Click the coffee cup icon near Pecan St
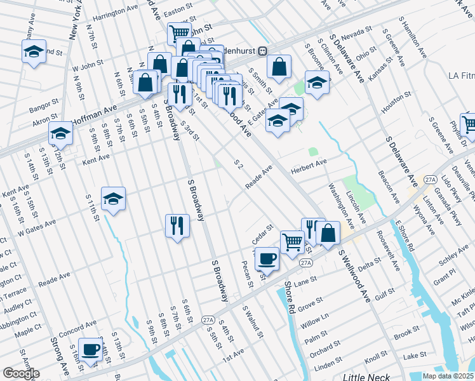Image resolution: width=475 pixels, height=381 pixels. click(267, 258)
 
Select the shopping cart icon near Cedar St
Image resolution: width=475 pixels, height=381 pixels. click(291, 241)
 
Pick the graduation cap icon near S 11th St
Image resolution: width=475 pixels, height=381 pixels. click(113, 199)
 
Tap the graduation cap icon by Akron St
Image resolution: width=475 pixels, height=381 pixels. click(60, 133)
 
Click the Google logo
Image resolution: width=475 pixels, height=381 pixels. click(21, 373)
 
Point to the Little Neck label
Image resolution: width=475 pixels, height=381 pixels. click(359, 378)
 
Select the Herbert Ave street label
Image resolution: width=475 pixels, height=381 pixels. click(308, 163)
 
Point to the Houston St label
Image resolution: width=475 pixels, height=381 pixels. click(392, 105)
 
